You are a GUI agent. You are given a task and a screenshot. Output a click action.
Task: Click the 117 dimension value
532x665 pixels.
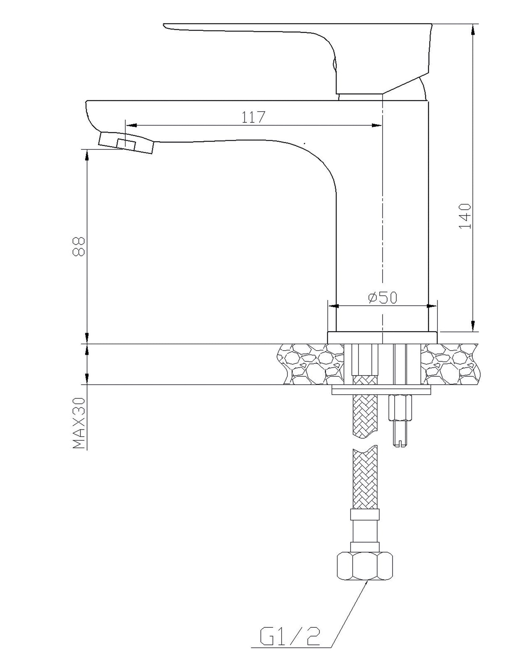point(253,117)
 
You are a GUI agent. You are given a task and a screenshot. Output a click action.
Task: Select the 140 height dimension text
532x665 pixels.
point(465,216)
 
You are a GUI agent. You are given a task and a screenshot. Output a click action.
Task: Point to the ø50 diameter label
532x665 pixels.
point(383,298)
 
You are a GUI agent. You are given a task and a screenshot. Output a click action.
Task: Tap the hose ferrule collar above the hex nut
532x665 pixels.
point(365,514)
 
